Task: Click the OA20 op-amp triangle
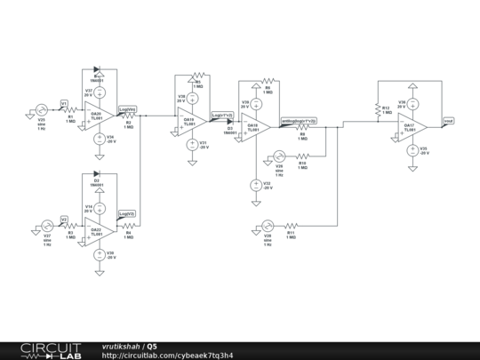coord(99,114)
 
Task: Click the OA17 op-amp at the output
coord(414,125)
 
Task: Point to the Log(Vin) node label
coord(128,108)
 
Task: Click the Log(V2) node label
coord(127,213)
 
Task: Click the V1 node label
coord(64,103)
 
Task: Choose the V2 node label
coord(64,219)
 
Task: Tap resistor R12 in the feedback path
coord(379,110)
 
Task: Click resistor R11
coord(291,228)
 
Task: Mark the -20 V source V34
coord(99,138)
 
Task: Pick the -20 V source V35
coord(412,150)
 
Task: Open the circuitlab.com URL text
coord(168,356)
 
